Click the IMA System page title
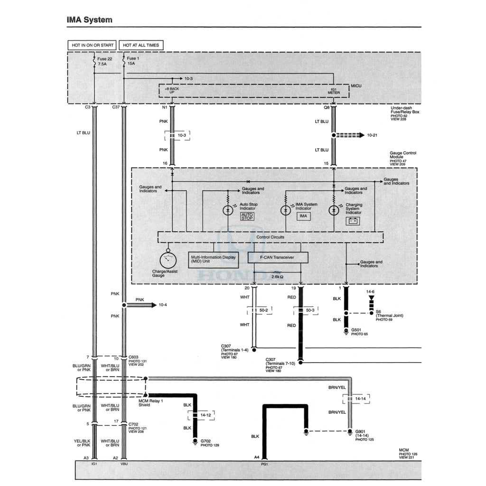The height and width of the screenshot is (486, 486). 90,20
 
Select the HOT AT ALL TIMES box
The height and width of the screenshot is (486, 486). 141,45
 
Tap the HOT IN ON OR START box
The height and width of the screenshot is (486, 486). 93,45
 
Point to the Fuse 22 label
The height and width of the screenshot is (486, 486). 105,58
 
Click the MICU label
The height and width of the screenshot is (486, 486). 356,86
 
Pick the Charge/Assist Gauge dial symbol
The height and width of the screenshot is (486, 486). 168,259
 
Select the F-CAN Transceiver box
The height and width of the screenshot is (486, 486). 278,258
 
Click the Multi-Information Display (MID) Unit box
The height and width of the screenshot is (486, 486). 214,260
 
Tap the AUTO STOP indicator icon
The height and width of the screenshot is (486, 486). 247,216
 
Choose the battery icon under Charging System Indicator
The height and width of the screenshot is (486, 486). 353,221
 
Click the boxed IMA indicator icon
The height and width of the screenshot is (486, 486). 303,216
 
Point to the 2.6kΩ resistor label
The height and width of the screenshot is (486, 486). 277,277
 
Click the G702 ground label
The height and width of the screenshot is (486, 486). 206,441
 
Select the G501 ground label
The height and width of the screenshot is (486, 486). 356,330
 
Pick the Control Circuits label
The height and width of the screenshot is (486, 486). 270,237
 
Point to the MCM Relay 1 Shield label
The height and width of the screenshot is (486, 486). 150,403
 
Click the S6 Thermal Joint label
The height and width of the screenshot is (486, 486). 389,316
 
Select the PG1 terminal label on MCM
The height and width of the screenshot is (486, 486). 264,464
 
